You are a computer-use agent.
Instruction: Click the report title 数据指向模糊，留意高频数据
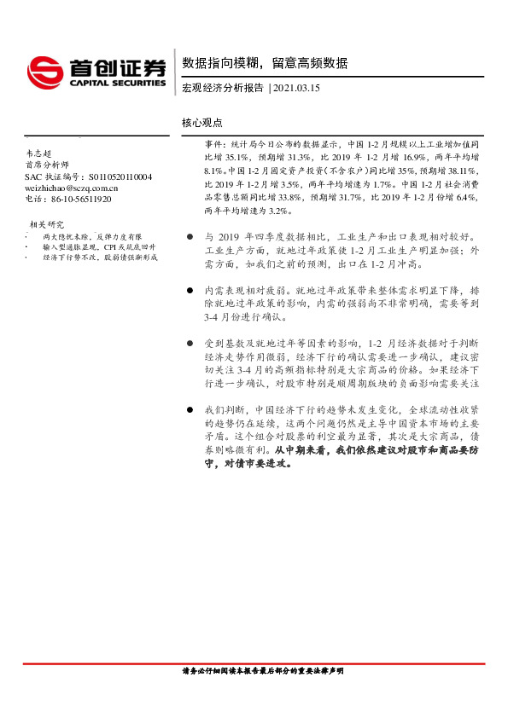(x=265, y=62)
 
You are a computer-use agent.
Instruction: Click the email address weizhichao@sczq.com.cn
(x=72, y=188)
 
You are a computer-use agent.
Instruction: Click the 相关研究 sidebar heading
(x=44, y=224)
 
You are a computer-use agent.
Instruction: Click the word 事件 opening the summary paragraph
(x=213, y=146)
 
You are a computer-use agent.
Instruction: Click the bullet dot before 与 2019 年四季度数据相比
(x=189, y=237)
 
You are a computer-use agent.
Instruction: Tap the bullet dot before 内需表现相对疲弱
(x=189, y=290)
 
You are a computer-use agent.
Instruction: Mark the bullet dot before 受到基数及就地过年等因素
(x=189, y=343)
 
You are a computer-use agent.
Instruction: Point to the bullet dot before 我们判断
(x=189, y=410)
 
